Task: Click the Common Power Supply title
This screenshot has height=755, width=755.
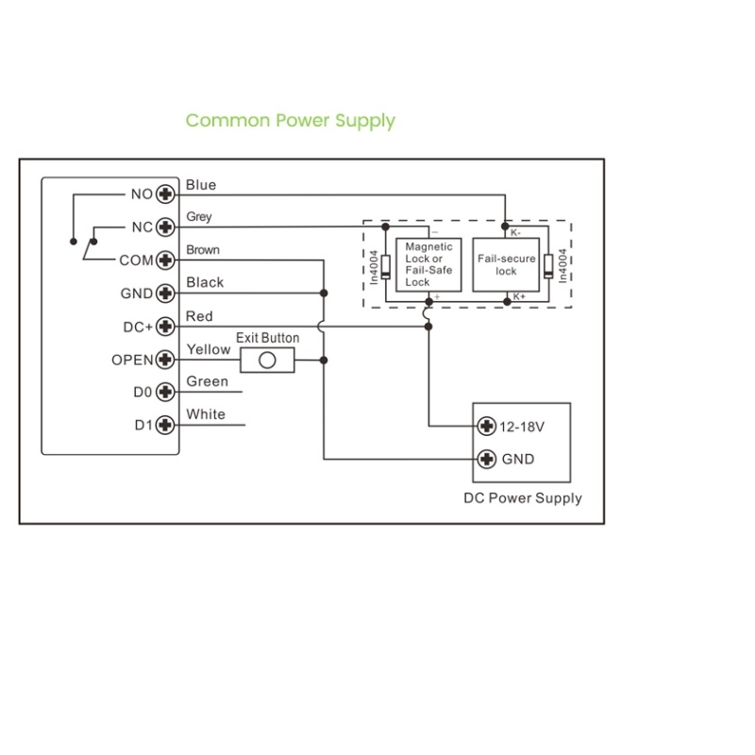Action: (x=290, y=121)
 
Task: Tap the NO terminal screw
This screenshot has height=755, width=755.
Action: (x=167, y=194)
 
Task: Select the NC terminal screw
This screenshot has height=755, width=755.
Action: (x=167, y=227)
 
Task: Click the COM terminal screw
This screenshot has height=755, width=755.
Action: (x=167, y=260)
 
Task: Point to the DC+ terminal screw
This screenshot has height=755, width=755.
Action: (x=167, y=327)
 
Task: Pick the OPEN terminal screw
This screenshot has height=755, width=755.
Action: (x=167, y=360)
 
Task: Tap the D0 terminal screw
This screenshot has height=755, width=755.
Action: (x=167, y=393)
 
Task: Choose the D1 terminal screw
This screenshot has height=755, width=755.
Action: (x=167, y=426)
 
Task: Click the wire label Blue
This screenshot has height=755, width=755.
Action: (x=201, y=185)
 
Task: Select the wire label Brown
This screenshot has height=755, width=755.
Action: (x=203, y=250)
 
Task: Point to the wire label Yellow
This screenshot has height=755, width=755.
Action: (x=209, y=349)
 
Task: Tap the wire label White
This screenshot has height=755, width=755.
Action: (x=206, y=414)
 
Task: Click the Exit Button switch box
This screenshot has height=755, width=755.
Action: (x=267, y=360)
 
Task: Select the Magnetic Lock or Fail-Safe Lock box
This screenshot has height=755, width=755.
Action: (x=428, y=264)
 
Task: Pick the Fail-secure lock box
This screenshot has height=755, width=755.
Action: (x=506, y=264)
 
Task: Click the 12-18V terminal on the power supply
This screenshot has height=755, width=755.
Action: (x=487, y=427)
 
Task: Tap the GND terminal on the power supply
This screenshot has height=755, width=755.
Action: (x=487, y=460)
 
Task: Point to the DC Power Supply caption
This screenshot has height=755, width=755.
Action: (x=522, y=498)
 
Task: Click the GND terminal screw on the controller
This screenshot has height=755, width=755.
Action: (x=167, y=294)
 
